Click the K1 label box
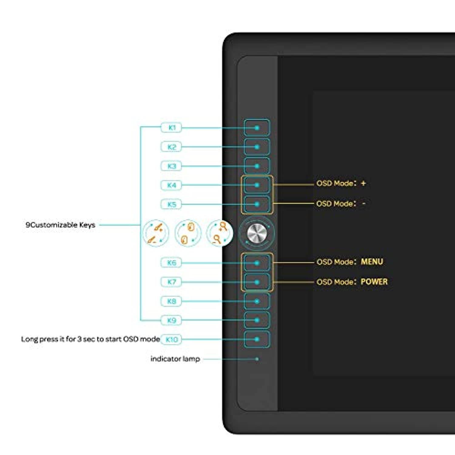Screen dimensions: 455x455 [x=171, y=128]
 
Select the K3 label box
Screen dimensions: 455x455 [x=171, y=166]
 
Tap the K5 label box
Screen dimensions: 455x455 [x=171, y=204]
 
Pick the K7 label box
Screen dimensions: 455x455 [x=171, y=282]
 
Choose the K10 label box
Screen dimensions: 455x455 [x=171, y=339]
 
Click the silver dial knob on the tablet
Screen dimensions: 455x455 [x=257, y=233]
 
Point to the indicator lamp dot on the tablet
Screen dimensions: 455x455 [x=257, y=359]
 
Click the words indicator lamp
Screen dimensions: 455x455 [x=175, y=359]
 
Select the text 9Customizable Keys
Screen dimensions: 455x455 [x=60, y=225]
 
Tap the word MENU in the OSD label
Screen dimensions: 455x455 [x=372, y=261]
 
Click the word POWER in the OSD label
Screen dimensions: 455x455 [x=374, y=282]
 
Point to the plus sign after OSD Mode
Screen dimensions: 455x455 [x=363, y=183]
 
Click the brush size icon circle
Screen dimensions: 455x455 [x=156, y=233]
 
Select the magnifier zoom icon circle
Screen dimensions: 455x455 [x=219, y=233]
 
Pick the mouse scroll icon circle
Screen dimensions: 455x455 [x=188, y=233]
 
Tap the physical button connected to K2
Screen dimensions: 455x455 [x=257, y=147]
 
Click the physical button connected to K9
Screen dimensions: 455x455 [x=257, y=320]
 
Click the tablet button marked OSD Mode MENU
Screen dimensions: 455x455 [x=257, y=263]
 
